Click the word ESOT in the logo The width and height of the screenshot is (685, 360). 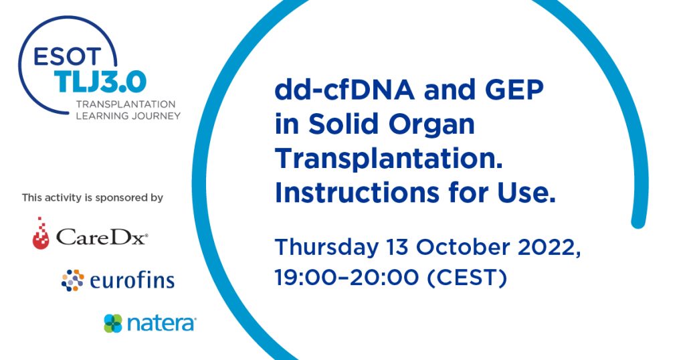(x=67, y=56)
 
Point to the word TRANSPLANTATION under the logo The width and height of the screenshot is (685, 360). (x=126, y=104)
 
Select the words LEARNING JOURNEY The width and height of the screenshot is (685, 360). (x=128, y=116)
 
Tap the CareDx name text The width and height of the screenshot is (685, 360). (x=102, y=237)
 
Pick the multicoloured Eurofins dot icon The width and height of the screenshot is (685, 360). (x=72, y=280)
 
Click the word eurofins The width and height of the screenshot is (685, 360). (x=132, y=280)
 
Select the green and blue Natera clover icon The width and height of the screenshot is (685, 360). (x=113, y=323)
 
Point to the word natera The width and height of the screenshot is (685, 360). (x=161, y=324)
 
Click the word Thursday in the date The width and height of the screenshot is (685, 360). (x=326, y=248)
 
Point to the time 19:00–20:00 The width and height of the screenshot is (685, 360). (x=347, y=278)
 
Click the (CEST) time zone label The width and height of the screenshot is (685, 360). (x=466, y=278)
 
